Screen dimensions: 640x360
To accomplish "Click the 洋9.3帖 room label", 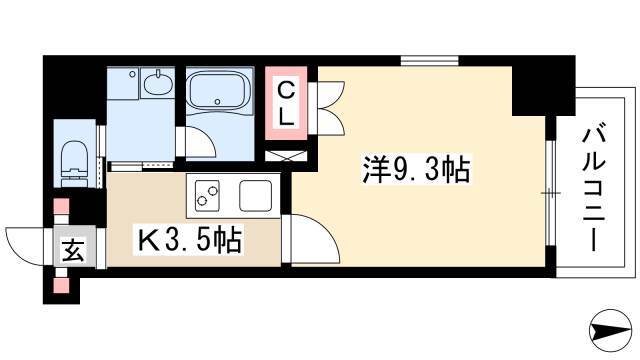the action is point(416,169).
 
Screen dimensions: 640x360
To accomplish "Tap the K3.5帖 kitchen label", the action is point(189,240).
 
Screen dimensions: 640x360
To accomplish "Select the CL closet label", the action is point(286,104).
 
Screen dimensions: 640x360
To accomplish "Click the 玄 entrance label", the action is point(74,250).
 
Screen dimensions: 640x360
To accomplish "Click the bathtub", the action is point(218,91).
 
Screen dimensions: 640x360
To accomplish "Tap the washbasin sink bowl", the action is point(158,84).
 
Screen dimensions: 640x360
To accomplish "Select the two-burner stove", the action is point(207,196).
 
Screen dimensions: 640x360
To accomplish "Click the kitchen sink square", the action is point(256,196).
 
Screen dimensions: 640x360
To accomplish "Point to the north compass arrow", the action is point(611,330).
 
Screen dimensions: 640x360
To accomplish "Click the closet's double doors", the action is point(327,108).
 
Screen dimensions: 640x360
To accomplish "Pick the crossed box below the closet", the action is point(286,156).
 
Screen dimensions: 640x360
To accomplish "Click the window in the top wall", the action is point(429,61).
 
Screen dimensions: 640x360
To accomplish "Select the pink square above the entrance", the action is point(62,206).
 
